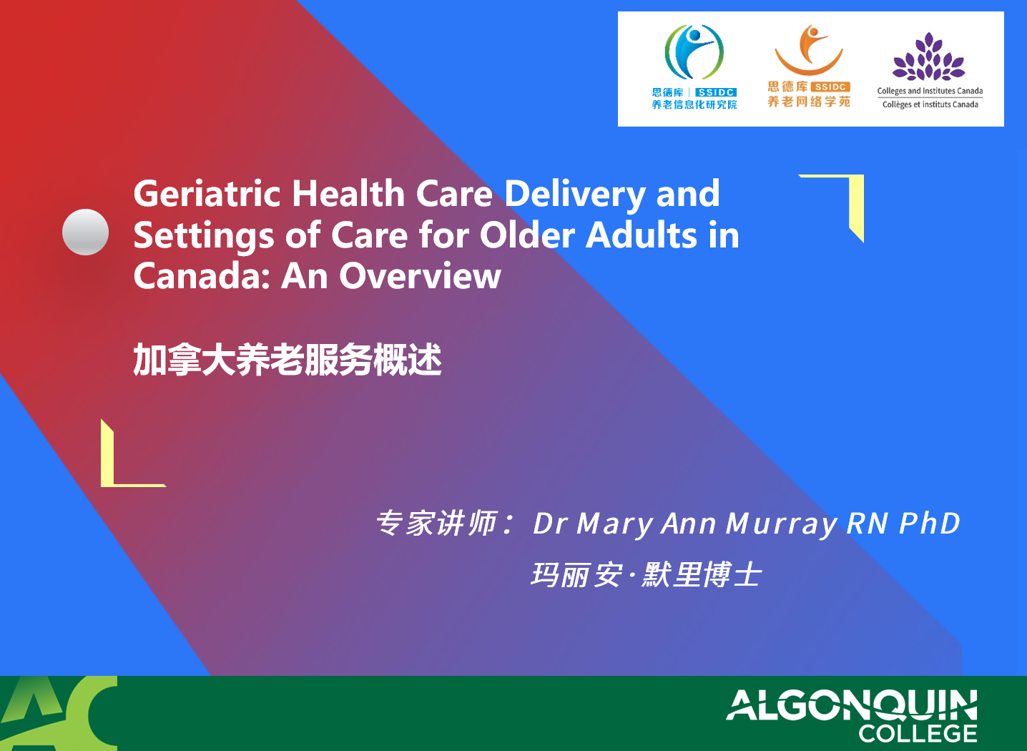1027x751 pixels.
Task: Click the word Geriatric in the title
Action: [x=207, y=194]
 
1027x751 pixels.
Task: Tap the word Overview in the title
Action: [x=420, y=276]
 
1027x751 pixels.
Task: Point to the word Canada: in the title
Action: [x=201, y=276]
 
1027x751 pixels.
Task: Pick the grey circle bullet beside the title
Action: [x=85, y=232]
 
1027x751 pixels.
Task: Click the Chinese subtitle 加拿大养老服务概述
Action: [x=288, y=360]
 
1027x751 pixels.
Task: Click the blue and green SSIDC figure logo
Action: [x=694, y=51]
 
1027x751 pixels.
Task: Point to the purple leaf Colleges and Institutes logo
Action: [x=929, y=57]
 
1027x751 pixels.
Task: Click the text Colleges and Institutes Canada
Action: [x=930, y=91]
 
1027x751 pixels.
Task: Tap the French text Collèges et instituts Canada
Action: [x=930, y=104]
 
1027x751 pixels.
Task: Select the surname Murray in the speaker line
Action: [x=782, y=524]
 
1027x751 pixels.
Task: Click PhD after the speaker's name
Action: [x=929, y=523]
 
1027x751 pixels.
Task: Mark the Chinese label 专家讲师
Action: [x=436, y=523]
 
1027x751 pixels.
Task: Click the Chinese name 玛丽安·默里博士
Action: [x=647, y=574]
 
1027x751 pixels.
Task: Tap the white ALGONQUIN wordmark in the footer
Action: [x=851, y=705]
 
